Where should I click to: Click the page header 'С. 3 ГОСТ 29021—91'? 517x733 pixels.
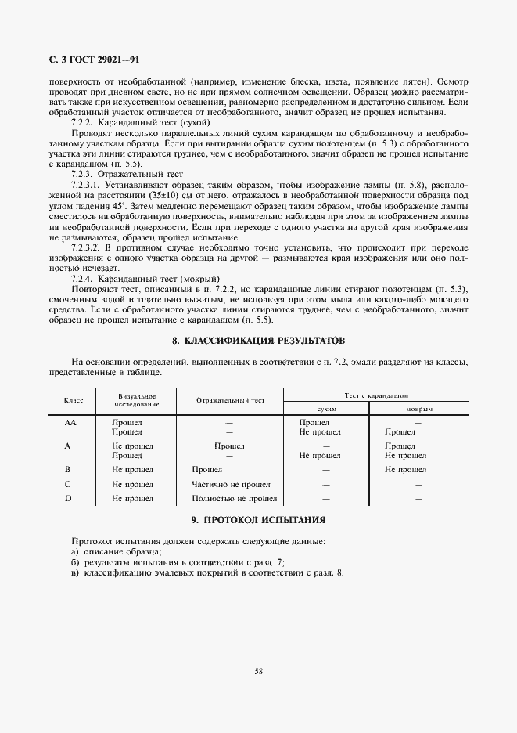click(x=90, y=60)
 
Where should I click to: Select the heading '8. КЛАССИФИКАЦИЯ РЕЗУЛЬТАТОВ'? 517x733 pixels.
click(x=258, y=341)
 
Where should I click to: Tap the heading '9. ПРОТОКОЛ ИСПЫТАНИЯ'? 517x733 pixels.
click(x=258, y=520)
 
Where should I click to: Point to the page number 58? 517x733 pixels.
click(x=258, y=671)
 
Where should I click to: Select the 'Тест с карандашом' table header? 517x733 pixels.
click(x=376, y=396)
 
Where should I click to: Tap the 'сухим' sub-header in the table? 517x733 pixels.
click(x=326, y=410)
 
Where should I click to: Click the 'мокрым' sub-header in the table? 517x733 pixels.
click(x=419, y=410)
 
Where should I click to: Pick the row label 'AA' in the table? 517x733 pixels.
click(x=69, y=422)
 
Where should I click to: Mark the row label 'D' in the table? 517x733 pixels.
click(x=68, y=498)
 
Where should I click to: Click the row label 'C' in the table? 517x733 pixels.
click(x=68, y=484)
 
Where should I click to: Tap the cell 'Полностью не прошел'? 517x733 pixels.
click(x=234, y=498)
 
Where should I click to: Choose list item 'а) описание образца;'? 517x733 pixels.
click(x=106, y=552)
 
